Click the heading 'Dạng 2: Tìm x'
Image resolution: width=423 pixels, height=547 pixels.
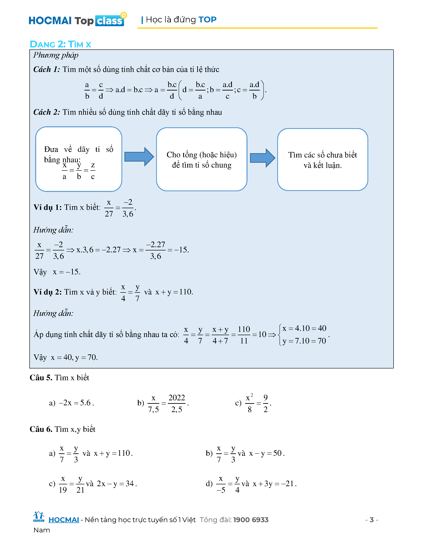click(x=60, y=44)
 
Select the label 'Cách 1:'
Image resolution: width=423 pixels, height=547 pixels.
click(x=47, y=69)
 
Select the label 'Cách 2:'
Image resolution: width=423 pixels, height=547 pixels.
click(x=47, y=112)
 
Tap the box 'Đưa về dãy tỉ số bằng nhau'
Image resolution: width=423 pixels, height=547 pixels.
click(x=79, y=159)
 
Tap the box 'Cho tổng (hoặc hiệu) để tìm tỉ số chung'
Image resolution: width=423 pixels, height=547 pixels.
click(x=202, y=159)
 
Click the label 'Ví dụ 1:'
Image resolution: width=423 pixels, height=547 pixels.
click(x=48, y=207)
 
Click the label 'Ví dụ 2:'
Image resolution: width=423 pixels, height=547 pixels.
click(x=48, y=292)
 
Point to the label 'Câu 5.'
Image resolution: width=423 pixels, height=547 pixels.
click(x=41, y=378)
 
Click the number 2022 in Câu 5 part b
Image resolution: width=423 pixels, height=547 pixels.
click(x=177, y=398)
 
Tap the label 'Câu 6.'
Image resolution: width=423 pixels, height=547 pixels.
click(x=41, y=429)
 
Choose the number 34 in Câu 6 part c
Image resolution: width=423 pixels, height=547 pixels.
click(x=130, y=484)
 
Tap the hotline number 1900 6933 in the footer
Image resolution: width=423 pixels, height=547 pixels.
click(x=251, y=520)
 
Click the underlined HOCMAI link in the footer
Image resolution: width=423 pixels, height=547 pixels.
click(x=64, y=520)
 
